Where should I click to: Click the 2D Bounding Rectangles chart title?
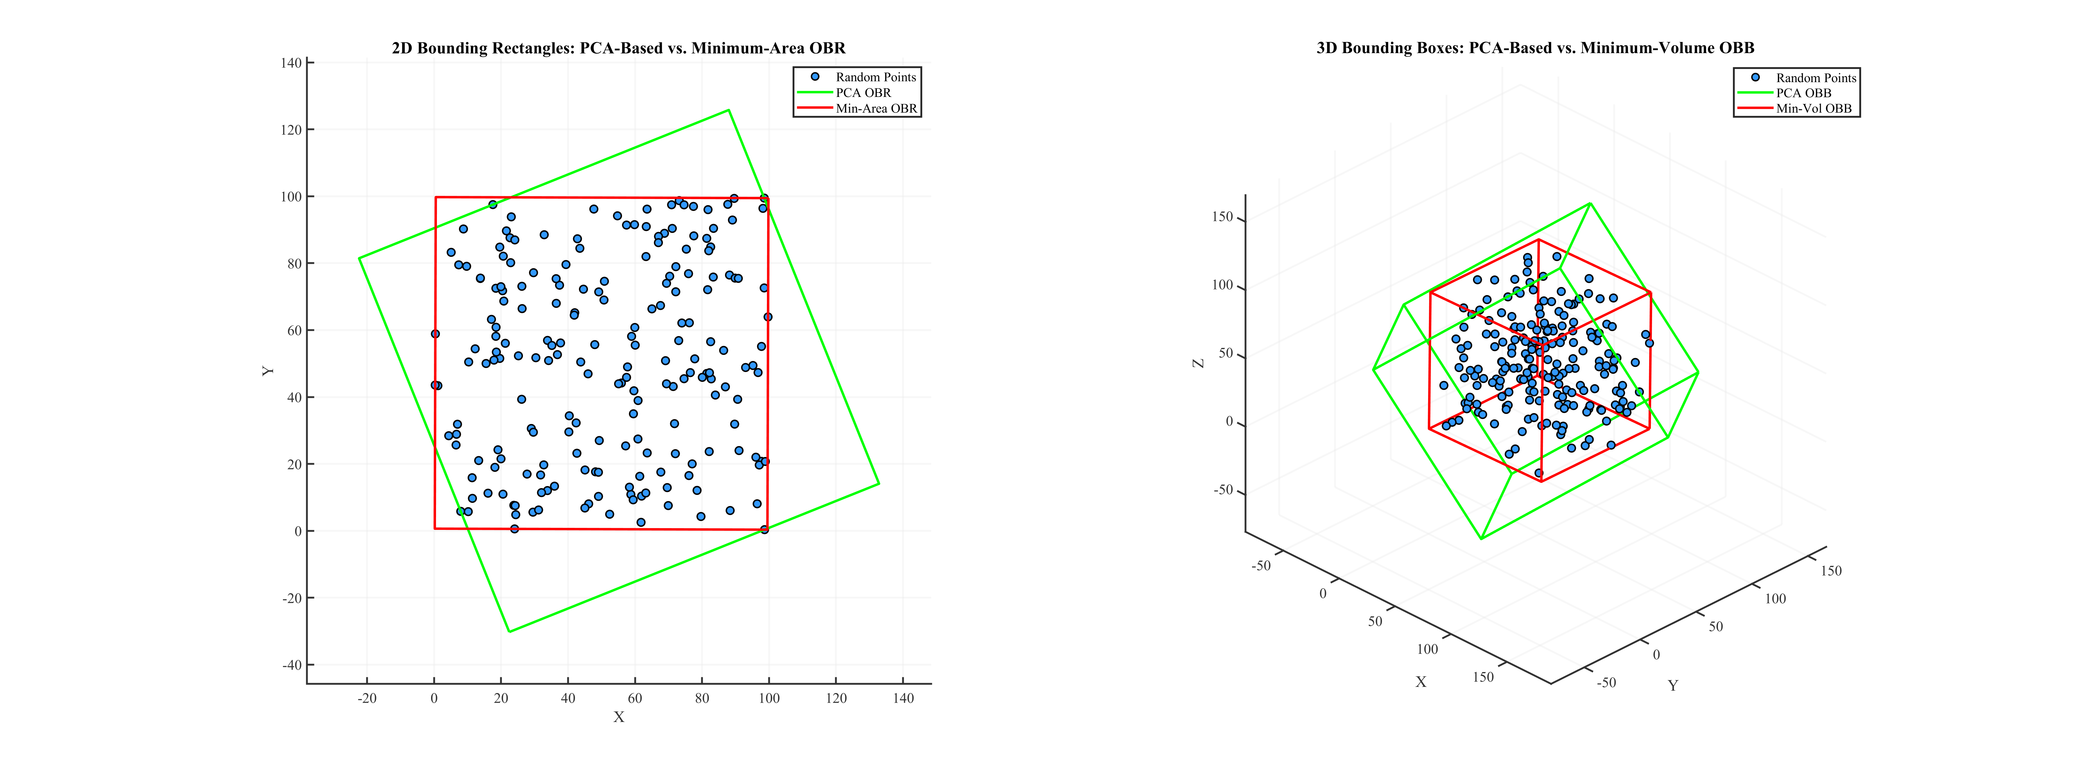pyautogui.click(x=618, y=48)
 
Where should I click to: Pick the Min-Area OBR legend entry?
pyautogui.click(x=876, y=108)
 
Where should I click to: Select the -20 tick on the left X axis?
pyautogui.click(x=367, y=698)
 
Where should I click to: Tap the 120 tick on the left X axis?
pyautogui.click(x=836, y=698)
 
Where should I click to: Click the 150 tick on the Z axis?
pyautogui.click(x=1222, y=216)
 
